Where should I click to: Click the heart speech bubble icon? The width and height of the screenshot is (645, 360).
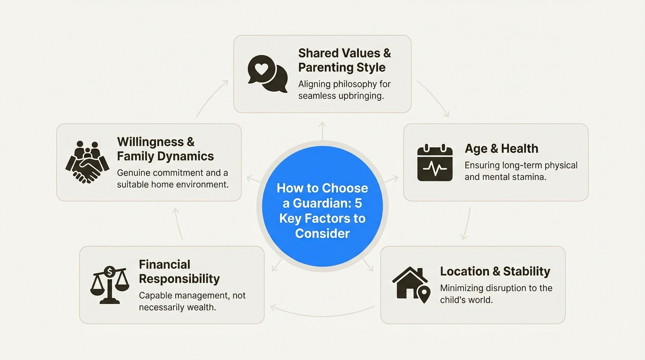pyautogui.click(x=268, y=74)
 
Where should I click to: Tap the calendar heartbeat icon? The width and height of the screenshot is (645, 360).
pyautogui.click(x=435, y=163)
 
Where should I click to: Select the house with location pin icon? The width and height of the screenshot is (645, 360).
pyautogui.click(x=411, y=285)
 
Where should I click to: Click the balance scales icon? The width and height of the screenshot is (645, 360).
pyautogui.click(x=109, y=285)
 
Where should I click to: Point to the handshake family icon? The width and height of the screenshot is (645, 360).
pyautogui.click(x=87, y=162)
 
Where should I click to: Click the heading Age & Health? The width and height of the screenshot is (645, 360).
pyautogui.click(x=501, y=149)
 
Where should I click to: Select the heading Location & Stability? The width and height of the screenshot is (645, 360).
pyautogui.click(x=495, y=271)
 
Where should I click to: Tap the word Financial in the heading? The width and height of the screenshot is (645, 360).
pyautogui.click(x=165, y=264)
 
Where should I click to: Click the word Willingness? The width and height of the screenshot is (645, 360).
pyautogui.click(x=150, y=142)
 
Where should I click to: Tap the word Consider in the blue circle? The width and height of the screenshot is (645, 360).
pyautogui.click(x=322, y=233)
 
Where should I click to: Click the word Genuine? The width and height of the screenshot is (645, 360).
pyautogui.click(x=133, y=173)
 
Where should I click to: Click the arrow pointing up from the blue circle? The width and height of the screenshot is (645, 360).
pyautogui.click(x=322, y=131)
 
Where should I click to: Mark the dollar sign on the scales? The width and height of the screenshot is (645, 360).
pyautogui.click(x=110, y=271)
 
